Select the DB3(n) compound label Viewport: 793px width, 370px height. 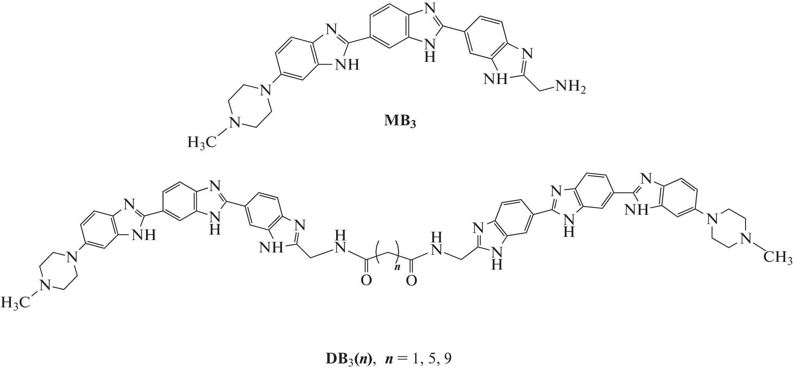[x=348, y=358]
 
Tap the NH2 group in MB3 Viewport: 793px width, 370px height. [x=570, y=87]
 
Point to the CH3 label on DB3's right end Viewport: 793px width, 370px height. [x=778, y=257]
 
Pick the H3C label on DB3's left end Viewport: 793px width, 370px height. [x=15, y=302]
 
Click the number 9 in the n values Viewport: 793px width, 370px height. [x=448, y=358]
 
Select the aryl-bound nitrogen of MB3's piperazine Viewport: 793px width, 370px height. [x=265, y=90]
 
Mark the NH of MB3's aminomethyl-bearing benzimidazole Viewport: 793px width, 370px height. [x=496, y=80]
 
